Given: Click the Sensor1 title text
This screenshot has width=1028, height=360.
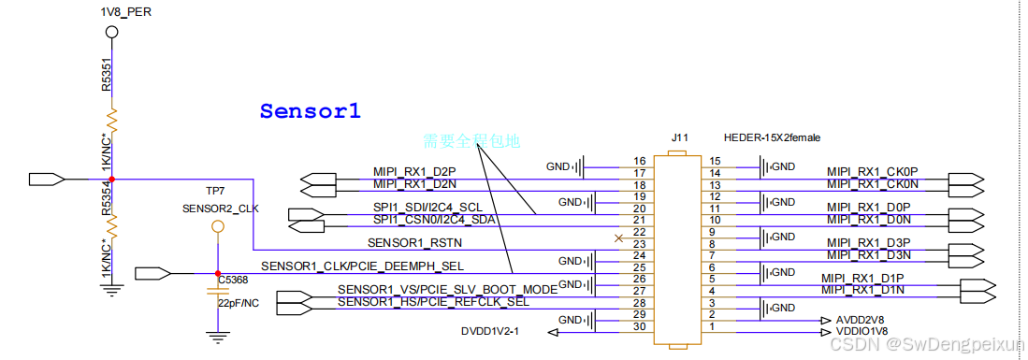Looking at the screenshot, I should tap(310, 111).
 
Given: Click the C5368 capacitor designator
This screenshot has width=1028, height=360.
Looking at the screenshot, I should tap(233, 279).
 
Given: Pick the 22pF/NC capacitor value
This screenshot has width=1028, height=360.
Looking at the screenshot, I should tap(238, 303).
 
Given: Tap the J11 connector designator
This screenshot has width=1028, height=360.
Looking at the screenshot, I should tap(679, 137).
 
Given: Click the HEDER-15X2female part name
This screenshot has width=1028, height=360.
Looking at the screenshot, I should tap(772, 137).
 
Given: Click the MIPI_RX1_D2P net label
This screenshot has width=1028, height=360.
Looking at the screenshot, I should tap(413, 172).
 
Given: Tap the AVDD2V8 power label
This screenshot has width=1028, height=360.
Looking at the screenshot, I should tap(861, 319).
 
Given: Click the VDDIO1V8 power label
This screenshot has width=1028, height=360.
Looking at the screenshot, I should tap(861, 330).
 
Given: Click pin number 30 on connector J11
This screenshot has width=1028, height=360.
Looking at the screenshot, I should tap(640, 326).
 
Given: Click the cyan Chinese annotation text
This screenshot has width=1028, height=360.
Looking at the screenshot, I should tap(471, 141).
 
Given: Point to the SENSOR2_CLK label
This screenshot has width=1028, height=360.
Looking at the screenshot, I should tap(220, 208).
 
